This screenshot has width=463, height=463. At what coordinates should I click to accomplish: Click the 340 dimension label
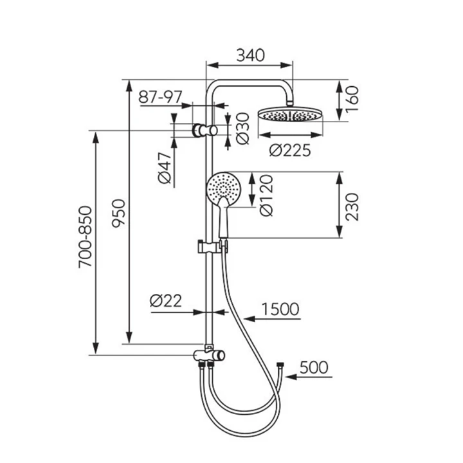(251, 55)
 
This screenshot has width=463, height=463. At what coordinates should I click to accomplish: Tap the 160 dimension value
(352, 99)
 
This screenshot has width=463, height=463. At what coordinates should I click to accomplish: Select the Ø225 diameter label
(290, 150)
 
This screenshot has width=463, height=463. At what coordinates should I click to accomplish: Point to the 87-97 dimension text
(160, 97)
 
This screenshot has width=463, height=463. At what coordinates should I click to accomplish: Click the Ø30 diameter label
(243, 129)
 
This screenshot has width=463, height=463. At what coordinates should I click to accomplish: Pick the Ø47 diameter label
(165, 168)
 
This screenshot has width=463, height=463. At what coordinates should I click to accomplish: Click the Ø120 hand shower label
(266, 195)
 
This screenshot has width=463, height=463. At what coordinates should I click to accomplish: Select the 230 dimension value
(352, 207)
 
